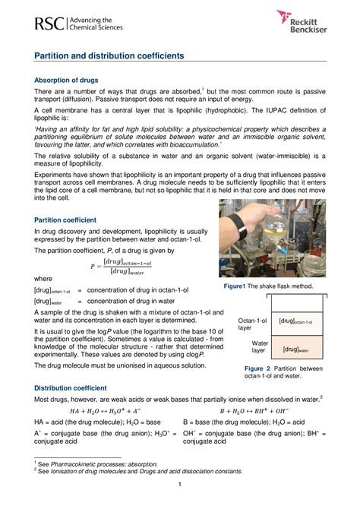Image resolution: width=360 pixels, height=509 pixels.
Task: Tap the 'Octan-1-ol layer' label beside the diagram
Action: pos(252,324)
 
